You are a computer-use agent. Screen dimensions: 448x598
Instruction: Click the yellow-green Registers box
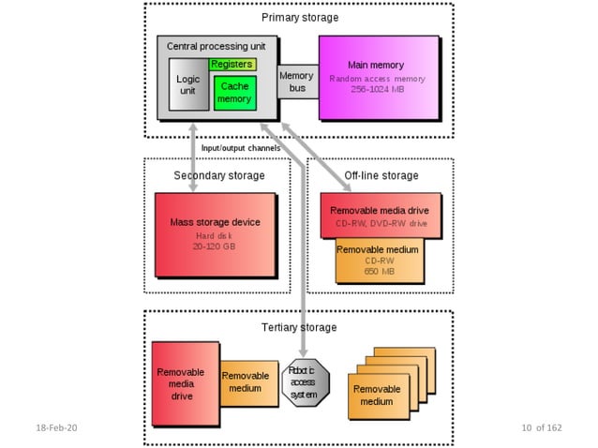[232, 65]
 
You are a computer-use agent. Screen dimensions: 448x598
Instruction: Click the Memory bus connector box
[296, 81]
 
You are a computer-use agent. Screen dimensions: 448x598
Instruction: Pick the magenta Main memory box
[378, 78]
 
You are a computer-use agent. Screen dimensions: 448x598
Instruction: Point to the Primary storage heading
[299, 17]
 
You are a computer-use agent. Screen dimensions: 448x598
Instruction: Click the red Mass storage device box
[215, 234]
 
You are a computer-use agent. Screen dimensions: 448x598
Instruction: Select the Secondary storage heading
[219, 175]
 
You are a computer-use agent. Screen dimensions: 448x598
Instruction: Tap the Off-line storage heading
[381, 175]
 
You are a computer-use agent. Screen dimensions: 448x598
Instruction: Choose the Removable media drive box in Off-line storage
[381, 216]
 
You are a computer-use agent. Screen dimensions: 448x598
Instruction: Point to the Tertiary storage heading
[299, 327]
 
